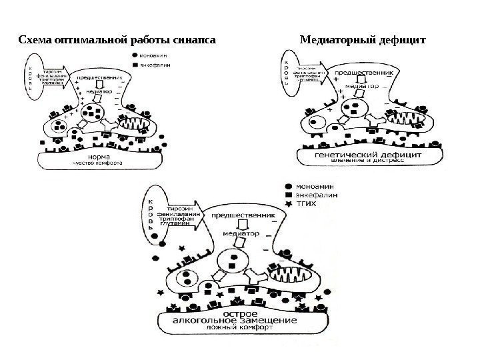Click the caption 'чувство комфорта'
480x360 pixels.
tap(97, 165)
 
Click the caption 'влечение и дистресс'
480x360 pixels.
tap(365, 161)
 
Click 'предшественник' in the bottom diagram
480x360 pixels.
tap(243, 216)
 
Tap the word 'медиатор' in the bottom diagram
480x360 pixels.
tap(240, 233)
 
